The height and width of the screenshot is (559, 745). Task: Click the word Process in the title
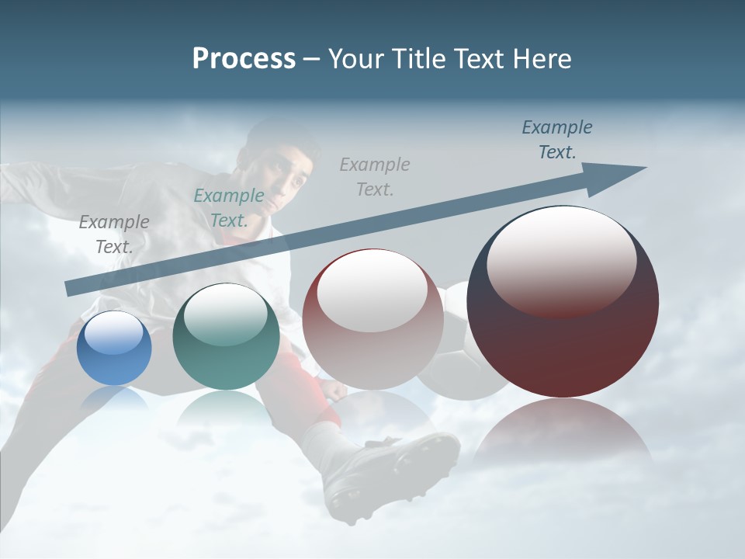point(244,59)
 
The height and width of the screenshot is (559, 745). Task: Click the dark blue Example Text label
point(556,140)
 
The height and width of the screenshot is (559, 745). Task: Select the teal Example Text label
point(228,208)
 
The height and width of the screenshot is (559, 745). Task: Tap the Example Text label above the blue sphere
point(114,234)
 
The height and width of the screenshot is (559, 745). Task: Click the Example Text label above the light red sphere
point(375,176)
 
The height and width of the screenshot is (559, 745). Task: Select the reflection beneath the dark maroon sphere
point(563,435)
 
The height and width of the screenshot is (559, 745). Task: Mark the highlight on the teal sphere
point(226,314)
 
